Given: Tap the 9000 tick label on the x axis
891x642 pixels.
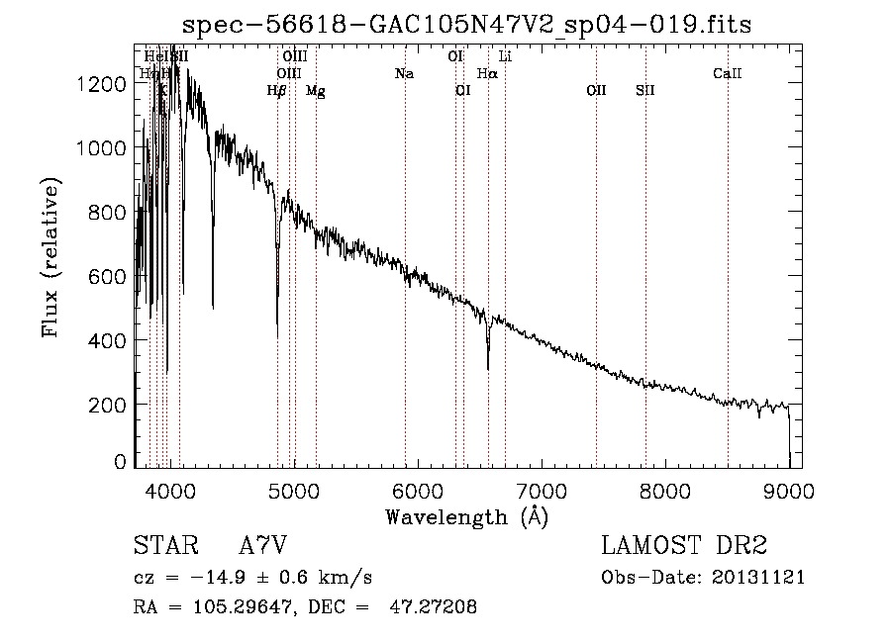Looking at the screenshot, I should (789, 490).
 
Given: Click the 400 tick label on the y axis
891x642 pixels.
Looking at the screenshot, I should (108, 340).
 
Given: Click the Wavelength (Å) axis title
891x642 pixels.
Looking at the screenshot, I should (466, 517).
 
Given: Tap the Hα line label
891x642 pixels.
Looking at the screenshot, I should (487, 73).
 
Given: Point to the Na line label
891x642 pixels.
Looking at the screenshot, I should (404, 73).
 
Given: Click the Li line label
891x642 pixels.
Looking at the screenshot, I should (505, 56).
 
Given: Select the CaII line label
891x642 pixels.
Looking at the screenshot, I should (728, 73).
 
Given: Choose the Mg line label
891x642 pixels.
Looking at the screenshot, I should (315, 91).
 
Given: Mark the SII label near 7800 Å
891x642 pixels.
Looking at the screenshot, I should (645, 90).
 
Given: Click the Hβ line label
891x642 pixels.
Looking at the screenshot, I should (277, 91).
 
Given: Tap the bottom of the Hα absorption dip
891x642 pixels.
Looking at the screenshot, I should (488, 369).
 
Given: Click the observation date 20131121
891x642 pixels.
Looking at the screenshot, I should (759, 577).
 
